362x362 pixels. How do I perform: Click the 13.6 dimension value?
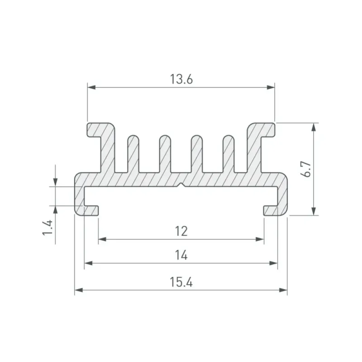click(x=181, y=79)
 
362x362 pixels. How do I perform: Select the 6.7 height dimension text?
click(x=307, y=169)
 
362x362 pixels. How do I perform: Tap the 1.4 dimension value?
click(x=48, y=228)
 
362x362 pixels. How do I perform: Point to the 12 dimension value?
click(x=181, y=231)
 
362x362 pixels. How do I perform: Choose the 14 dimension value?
click(x=181, y=255)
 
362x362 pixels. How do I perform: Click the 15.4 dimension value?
click(x=181, y=282)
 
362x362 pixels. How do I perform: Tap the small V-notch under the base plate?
click(x=182, y=185)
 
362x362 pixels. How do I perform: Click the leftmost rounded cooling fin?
click(x=133, y=154)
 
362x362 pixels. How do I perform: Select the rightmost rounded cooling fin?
click(x=229, y=154)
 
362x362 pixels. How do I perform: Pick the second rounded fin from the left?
click(x=165, y=154)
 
